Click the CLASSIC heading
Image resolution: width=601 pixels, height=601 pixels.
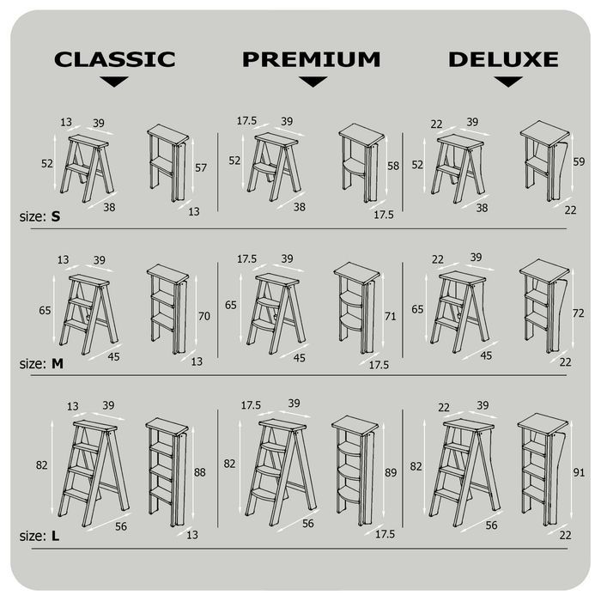114,59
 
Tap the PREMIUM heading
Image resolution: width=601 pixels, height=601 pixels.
311,59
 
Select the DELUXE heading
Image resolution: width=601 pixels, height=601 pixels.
503,59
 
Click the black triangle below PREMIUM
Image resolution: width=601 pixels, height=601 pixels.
313,82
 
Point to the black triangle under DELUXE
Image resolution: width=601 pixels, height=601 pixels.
508,82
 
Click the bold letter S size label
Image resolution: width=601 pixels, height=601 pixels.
56,216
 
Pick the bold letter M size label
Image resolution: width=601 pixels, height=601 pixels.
58,363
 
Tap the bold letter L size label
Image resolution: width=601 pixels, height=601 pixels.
55,536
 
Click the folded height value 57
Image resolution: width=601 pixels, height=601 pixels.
201,168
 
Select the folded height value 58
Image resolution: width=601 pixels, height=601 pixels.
393,166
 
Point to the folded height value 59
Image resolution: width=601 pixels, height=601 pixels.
579,161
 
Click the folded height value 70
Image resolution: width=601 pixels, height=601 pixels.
204,316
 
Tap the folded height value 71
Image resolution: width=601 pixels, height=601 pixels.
390,316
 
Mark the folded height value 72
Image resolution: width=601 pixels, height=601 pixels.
579,313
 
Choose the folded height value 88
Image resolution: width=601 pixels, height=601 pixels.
200,472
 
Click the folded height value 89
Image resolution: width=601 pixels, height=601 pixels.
391,472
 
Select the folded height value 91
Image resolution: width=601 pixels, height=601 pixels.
579,472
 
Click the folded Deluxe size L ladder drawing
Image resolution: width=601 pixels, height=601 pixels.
543,470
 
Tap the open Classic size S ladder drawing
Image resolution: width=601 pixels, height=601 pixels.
87,168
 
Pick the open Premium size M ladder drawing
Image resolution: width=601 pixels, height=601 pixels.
276,313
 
